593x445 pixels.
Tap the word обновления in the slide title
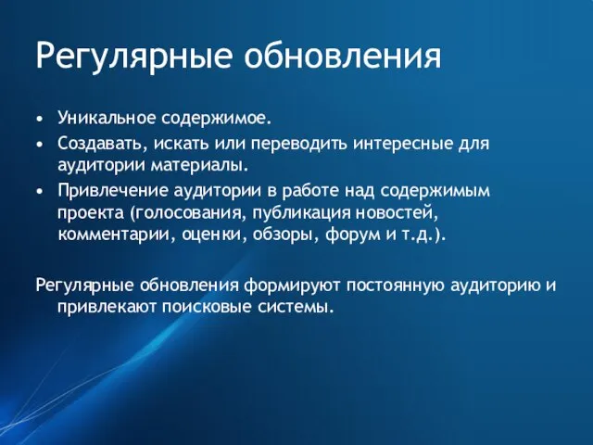point(344,57)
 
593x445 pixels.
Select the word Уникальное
point(106,119)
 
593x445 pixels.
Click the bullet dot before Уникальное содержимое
point(40,120)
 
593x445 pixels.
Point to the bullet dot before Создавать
point(40,145)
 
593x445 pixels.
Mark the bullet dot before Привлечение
point(40,191)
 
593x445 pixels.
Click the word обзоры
point(286,234)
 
